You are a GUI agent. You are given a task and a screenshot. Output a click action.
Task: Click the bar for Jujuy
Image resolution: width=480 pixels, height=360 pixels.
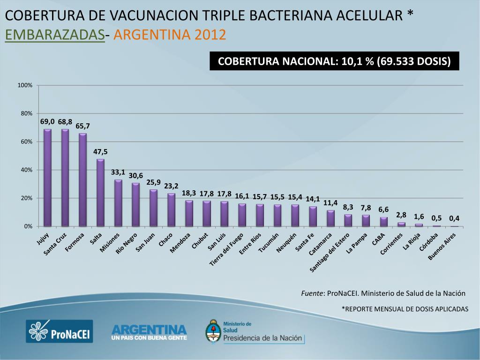pyautogui.click(x=47, y=178)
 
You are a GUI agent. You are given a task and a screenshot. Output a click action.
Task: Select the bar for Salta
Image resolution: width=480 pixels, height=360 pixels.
pyautogui.click(x=100, y=193)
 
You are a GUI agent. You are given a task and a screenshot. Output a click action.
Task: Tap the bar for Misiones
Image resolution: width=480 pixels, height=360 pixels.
pyautogui.click(x=118, y=203)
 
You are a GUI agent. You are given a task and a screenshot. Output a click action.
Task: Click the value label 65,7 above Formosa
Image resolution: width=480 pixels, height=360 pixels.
pyautogui.click(x=82, y=126)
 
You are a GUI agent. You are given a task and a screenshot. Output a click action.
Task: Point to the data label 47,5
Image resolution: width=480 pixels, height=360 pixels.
pyautogui.click(x=100, y=151)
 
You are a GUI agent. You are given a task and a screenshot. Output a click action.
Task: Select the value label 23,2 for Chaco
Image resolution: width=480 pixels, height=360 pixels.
pyautogui.click(x=171, y=186)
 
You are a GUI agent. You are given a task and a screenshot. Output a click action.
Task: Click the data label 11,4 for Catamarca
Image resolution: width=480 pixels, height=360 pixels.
pyautogui.click(x=330, y=202)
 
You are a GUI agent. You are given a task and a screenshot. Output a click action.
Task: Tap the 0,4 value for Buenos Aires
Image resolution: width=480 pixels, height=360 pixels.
pyautogui.click(x=454, y=218)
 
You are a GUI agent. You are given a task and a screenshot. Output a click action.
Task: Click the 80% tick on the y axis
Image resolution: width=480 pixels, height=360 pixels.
pyautogui.click(x=25, y=113)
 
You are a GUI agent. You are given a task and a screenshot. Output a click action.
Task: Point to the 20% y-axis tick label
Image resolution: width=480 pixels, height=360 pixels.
pyautogui.click(x=25, y=198)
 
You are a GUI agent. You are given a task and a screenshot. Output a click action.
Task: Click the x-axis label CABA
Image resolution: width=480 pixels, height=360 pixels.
pyautogui.click(x=379, y=239)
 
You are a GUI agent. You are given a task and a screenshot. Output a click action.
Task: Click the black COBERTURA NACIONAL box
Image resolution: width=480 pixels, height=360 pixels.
pyautogui.click(x=334, y=61)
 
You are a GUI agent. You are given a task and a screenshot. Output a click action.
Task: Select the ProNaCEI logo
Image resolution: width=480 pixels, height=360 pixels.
pyautogui.click(x=59, y=331)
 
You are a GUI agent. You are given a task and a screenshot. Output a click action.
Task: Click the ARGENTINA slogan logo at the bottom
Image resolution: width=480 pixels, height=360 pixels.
pyautogui.click(x=149, y=332)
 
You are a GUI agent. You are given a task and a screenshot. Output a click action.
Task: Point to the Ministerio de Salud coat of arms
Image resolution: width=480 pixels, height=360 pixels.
pyautogui.click(x=213, y=331)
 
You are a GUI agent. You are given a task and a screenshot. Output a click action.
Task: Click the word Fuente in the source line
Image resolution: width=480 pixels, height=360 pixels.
pyautogui.click(x=312, y=293)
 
